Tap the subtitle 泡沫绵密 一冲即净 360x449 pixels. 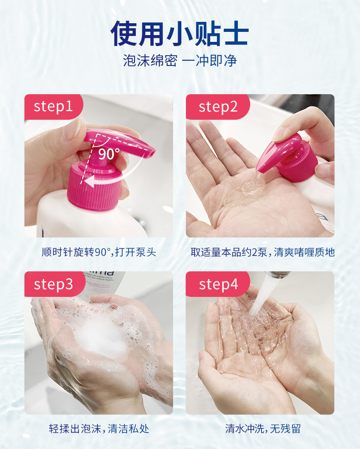click(x=180, y=61)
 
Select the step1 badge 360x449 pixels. click(x=53, y=107)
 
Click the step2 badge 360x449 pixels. click(x=218, y=107)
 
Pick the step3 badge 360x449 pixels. click(x=54, y=284)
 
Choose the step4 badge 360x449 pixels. click(x=218, y=284)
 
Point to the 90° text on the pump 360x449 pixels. click(x=109, y=154)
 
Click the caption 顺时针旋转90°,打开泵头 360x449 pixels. click(x=99, y=252)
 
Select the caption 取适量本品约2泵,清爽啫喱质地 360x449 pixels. click(x=262, y=252)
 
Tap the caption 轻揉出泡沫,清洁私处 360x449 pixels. click(x=99, y=429)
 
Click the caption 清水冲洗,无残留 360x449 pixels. click(x=262, y=429)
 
